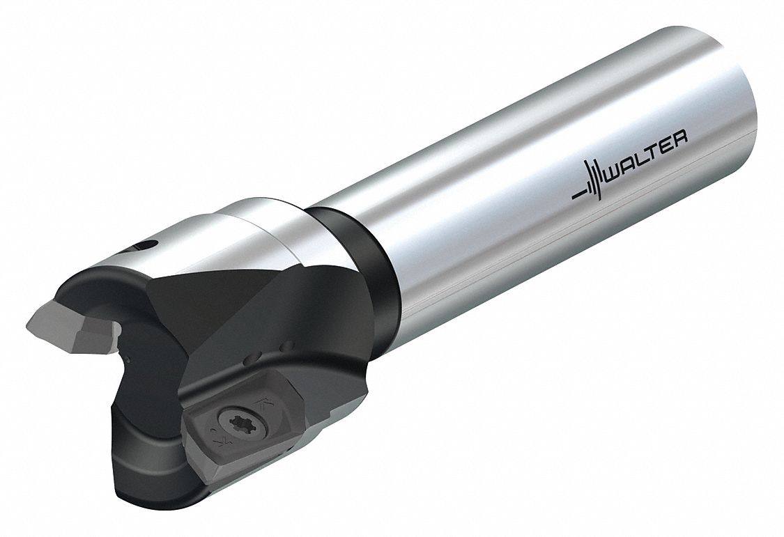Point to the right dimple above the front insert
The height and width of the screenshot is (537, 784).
286,346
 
